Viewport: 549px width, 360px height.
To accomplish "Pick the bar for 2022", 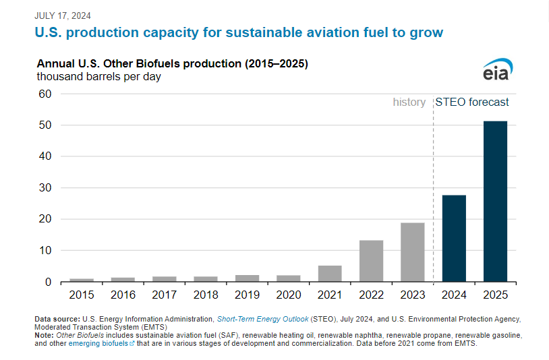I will (371, 260).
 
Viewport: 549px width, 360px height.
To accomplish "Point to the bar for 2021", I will (330, 273).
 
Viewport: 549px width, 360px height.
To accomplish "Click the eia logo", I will (498, 69).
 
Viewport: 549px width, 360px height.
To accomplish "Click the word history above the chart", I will (409, 102).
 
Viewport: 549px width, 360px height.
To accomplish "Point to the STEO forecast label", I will (472, 102).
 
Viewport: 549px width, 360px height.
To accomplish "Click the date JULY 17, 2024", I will (63, 16).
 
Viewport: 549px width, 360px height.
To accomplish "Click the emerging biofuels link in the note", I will (107, 342).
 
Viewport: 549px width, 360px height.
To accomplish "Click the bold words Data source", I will (57, 318).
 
